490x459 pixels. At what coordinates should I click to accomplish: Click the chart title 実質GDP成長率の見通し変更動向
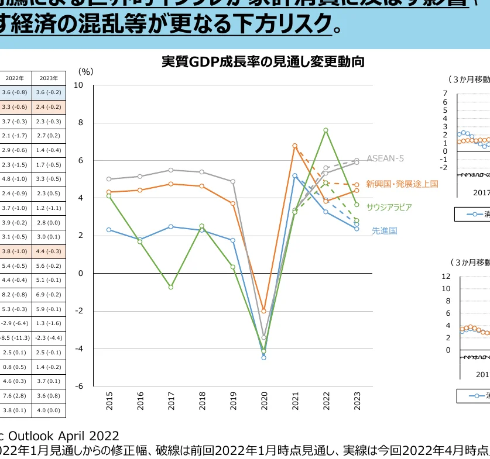pyautogui.click(x=263, y=62)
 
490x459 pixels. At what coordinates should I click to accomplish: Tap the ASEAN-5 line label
pyautogui.click(x=385, y=158)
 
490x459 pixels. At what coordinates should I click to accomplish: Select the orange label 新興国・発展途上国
pyautogui.click(x=402, y=184)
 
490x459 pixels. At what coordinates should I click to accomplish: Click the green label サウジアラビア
pyautogui.click(x=389, y=207)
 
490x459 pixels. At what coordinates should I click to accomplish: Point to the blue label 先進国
pyautogui.click(x=385, y=230)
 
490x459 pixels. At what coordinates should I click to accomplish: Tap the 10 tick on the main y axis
pyautogui.click(x=79, y=85)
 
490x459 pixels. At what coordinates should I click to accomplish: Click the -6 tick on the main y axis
pyautogui.click(x=79, y=386)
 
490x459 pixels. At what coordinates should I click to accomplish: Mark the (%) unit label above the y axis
pyautogui.click(x=85, y=71)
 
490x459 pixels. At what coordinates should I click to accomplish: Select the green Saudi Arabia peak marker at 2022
pyautogui.click(x=325, y=130)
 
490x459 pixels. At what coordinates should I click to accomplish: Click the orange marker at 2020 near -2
pyautogui.click(x=263, y=311)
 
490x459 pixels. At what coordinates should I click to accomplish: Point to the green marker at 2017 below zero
pyautogui.click(x=170, y=287)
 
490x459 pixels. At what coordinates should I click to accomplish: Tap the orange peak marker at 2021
pyautogui.click(x=294, y=146)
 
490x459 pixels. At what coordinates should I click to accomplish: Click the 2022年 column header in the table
pyautogui.click(x=15, y=78)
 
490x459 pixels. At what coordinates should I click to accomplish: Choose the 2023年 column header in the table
pyautogui.click(x=49, y=78)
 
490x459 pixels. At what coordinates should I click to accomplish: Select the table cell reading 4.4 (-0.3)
pyautogui.click(x=49, y=251)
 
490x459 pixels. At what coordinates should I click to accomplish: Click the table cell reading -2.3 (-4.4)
pyautogui.click(x=49, y=337)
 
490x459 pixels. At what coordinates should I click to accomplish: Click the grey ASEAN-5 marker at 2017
pyautogui.click(x=170, y=170)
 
